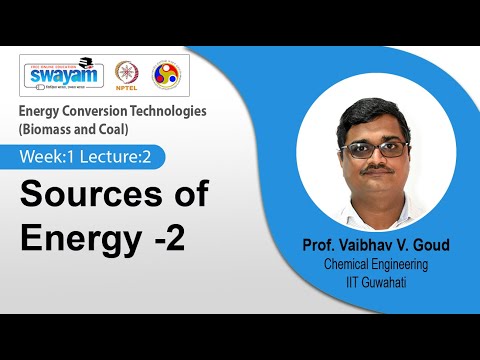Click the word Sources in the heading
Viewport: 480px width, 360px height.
pyautogui.click(x=80, y=193)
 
